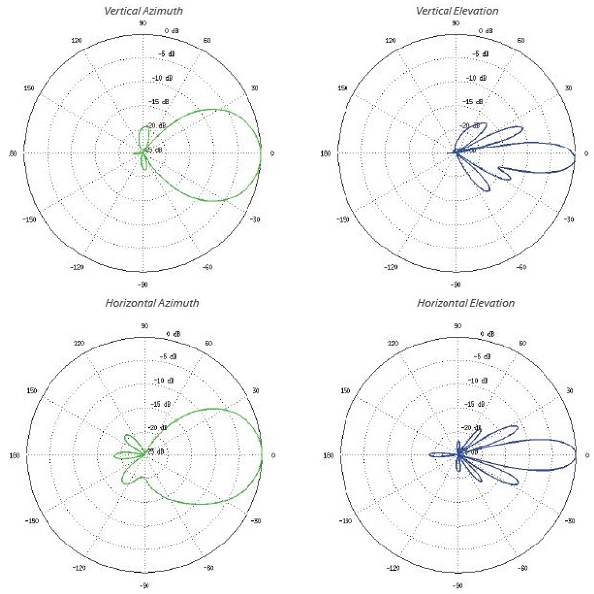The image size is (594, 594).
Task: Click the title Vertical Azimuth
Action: pos(144,10)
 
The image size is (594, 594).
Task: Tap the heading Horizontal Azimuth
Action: pos(144,302)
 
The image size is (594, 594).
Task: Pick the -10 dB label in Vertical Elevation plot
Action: pos(476,78)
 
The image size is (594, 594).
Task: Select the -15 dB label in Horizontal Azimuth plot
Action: pos(159,404)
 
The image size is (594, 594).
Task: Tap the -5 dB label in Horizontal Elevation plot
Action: pos(476,356)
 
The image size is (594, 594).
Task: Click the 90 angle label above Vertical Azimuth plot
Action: pos(143,22)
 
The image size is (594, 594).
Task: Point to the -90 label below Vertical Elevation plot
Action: pos(456,284)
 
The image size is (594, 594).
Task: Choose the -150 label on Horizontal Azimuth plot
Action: pos(29,521)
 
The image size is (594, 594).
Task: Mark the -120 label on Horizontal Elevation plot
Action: pos(392,570)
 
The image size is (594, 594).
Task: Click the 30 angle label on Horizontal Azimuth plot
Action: pos(256,390)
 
